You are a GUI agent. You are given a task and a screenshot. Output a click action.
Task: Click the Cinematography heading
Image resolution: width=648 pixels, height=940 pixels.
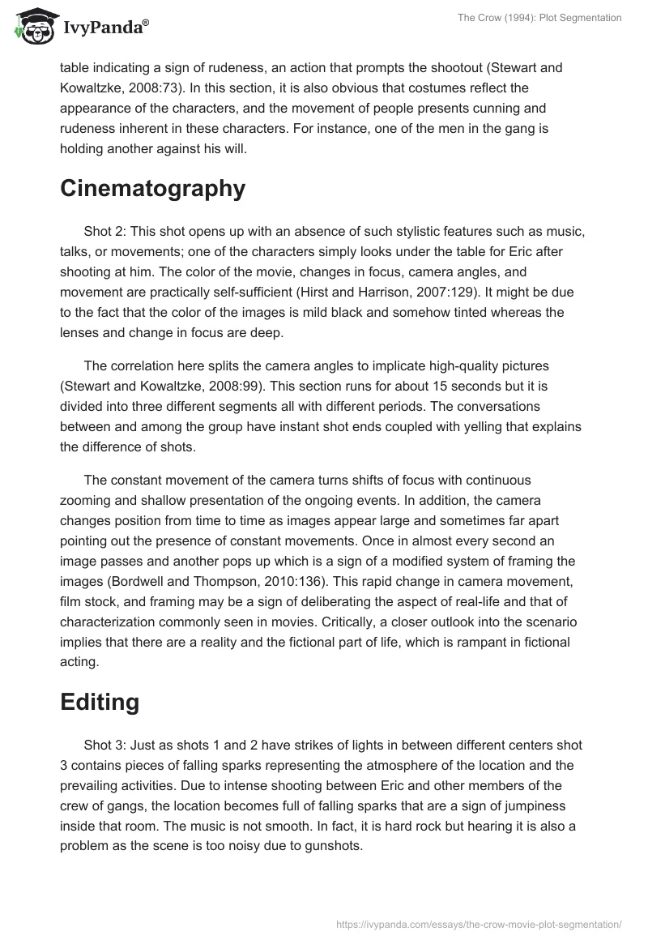pyautogui.click(x=152, y=188)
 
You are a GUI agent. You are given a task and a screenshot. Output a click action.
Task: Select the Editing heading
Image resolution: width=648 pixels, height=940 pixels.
pyautogui.click(x=100, y=702)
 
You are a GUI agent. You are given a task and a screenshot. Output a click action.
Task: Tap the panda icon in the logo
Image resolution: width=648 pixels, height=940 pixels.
pyautogui.click(x=32, y=29)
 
